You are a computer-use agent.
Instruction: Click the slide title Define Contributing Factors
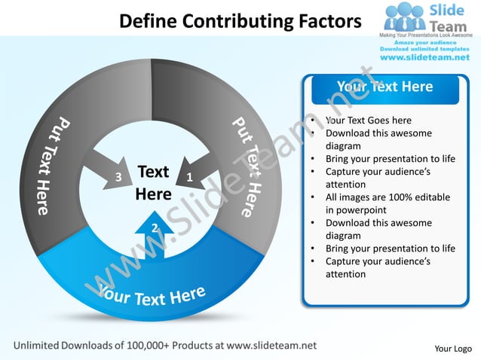pyautogui.click(x=240, y=21)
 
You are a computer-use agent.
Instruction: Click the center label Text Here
pyautogui.click(x=153, y=183)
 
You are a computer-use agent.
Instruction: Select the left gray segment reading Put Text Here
pyautogui.click(x=51, y=166)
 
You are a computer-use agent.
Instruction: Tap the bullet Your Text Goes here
pyautogui.click(x=369, y=121)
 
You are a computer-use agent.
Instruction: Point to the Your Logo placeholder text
pyautogui.click(x=453, y=348)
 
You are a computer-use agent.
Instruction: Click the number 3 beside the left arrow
pyautogui.click(x=118, y=178)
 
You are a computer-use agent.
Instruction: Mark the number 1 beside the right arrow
pyautogui.click(x=188, y=177)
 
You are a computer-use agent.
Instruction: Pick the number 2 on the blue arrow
pyautogui.click(x=154, y=227)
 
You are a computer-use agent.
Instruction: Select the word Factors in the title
pyautogui.click(x=329, y=21)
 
